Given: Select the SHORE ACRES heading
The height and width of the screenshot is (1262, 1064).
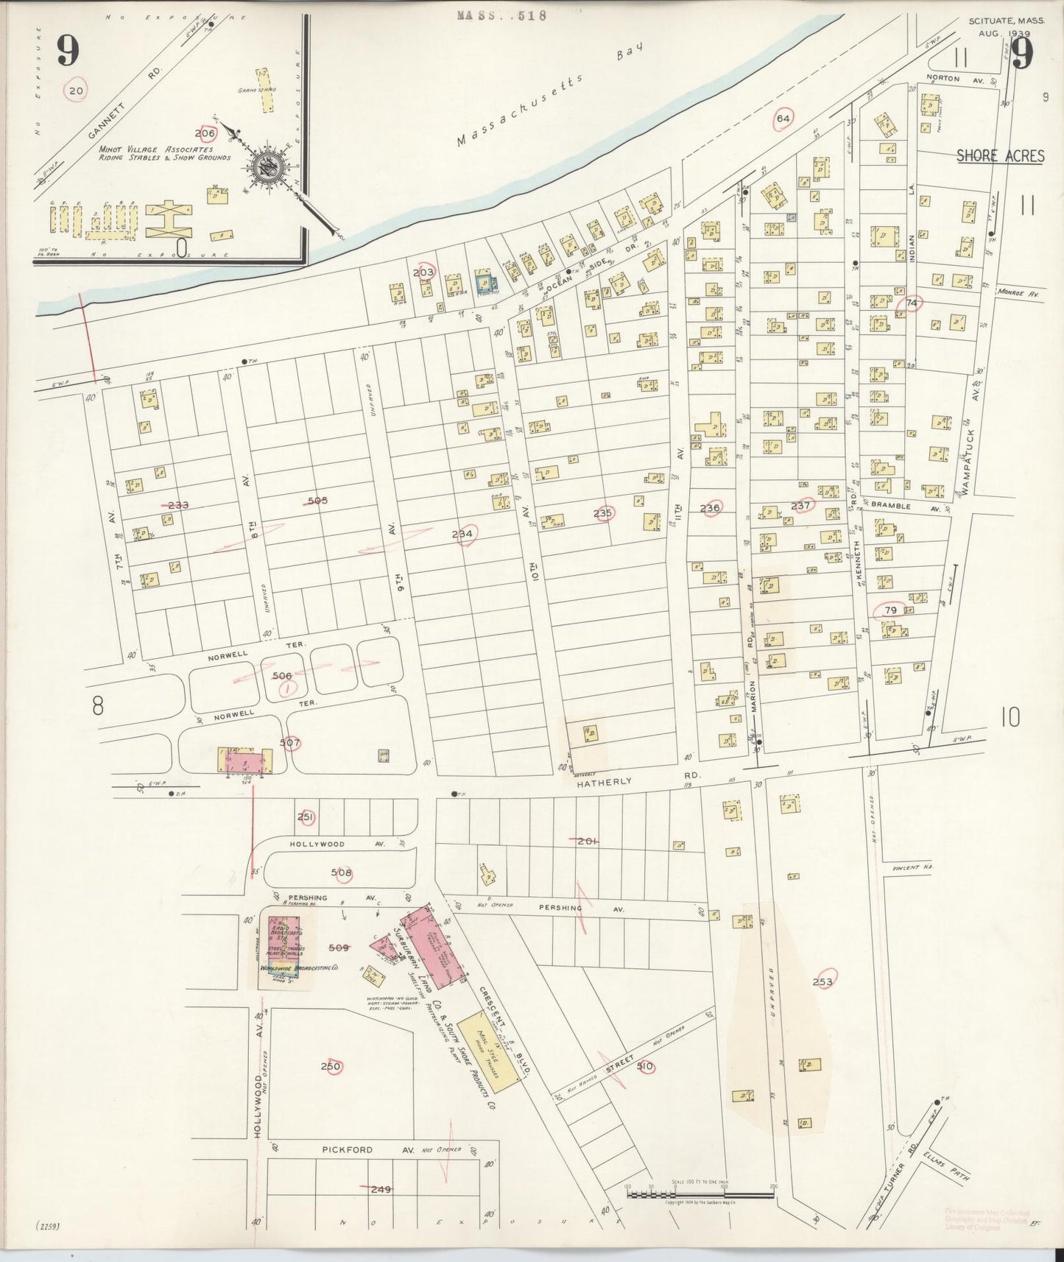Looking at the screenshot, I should (1000, 155).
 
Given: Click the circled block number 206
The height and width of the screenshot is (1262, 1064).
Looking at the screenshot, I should (206, 133).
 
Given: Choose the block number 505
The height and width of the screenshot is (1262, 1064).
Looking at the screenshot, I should (317, 501).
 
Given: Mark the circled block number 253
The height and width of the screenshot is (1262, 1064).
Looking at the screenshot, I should (822, 981).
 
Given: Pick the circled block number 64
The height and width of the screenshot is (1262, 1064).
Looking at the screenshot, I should (783, 118).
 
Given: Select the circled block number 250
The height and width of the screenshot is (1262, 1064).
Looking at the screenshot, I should (331, 1066).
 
